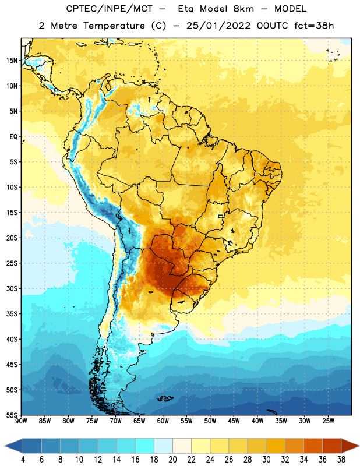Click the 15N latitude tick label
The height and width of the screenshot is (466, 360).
(12, 61)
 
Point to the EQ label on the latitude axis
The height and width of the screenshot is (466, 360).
(13, 137)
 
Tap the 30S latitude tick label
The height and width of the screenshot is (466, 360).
(12, 288)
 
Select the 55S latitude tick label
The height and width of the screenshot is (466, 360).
(12, 415)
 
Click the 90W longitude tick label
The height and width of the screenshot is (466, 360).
(21, 421)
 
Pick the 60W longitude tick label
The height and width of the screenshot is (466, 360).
(163, 421)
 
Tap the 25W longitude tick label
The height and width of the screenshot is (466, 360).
(328, 421)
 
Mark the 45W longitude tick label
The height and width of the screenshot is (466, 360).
(234, 421)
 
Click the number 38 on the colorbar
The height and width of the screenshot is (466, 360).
(341, 460)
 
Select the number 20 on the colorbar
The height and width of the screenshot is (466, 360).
(172, 460)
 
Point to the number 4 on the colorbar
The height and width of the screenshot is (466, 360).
(23, 460)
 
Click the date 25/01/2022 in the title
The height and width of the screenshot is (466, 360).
(219, 26)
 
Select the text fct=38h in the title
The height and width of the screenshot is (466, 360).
(314, 26)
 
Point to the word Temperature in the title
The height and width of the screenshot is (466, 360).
(114, 26)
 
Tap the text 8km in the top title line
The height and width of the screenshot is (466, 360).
(243, 9)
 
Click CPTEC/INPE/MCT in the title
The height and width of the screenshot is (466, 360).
(110, 9)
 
